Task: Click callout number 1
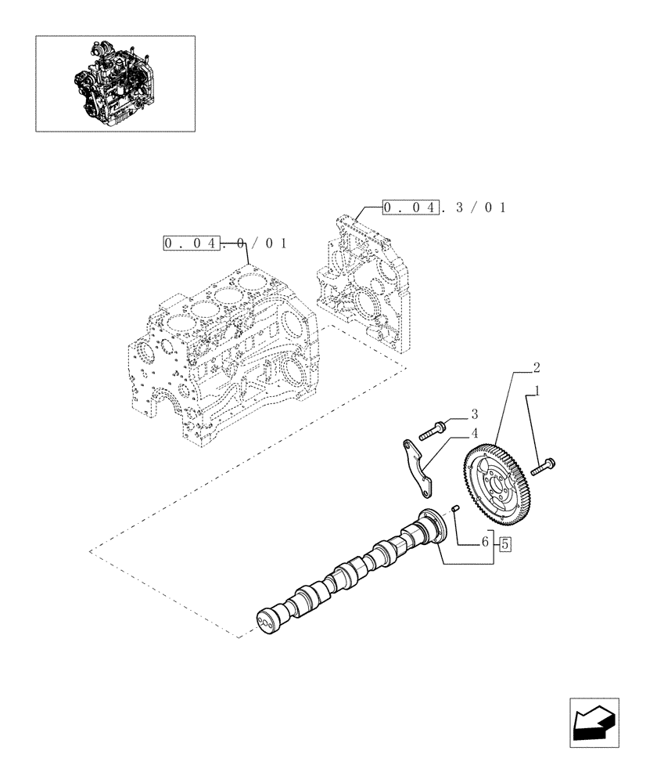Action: (536, 389)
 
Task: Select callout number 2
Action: (536, 366)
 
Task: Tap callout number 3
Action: (473, 413)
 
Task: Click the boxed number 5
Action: (504, 542)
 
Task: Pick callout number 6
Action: (485, 541)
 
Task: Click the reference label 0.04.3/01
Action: (443, 207)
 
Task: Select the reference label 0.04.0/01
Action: (224, 243)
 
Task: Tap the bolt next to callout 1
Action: (543, 467)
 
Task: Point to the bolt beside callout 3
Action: (433, 428)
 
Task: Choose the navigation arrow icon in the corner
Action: (594, 721)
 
